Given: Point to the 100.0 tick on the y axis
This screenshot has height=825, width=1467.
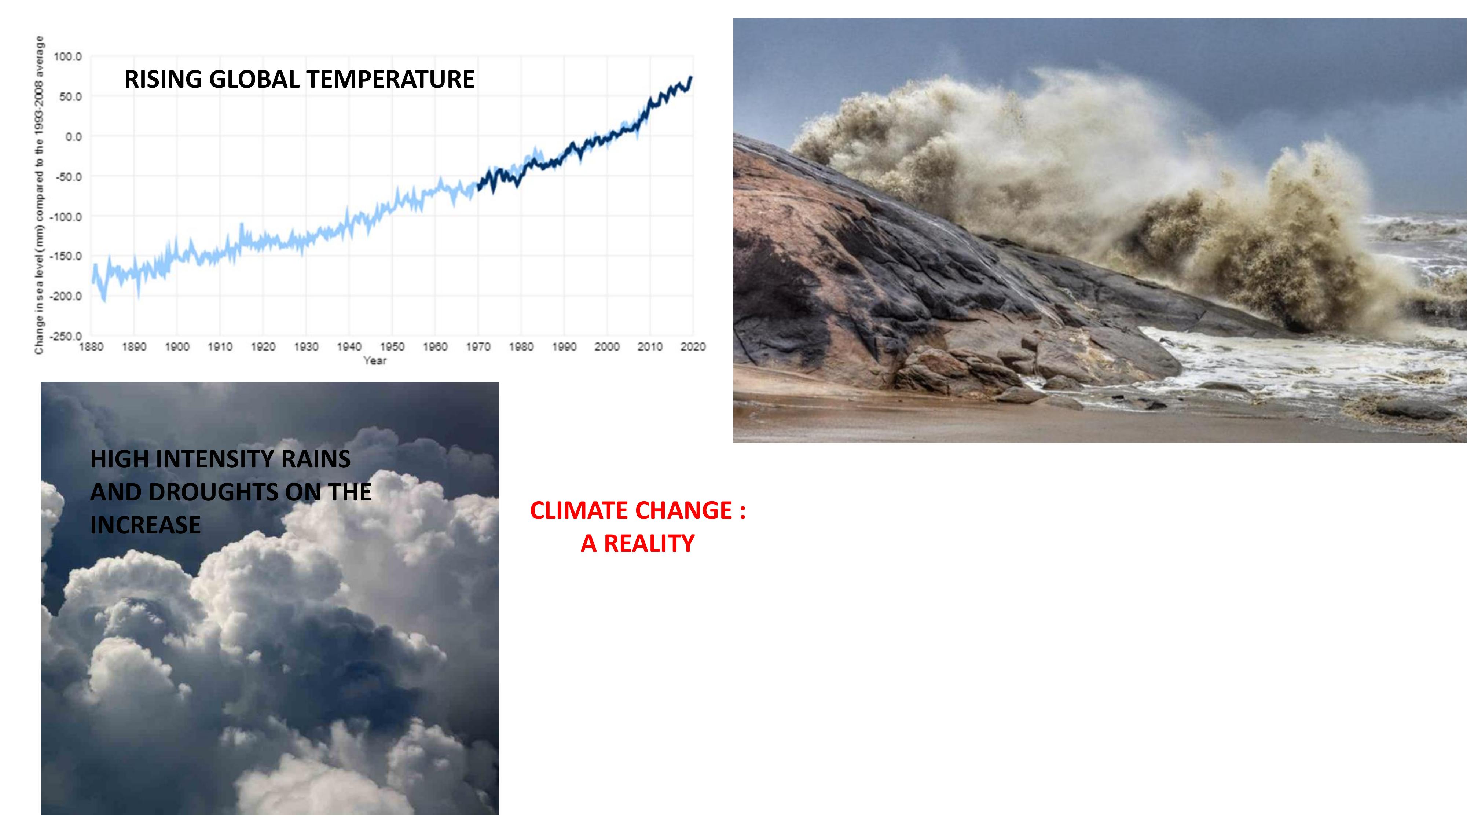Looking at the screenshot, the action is pyautogui.click(x=68, y=57).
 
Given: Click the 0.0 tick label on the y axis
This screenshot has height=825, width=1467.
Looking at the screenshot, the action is pyautogui.click(x=73, y=137).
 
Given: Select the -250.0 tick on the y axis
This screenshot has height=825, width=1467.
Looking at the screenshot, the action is pyautogui.click(x=66, y=337).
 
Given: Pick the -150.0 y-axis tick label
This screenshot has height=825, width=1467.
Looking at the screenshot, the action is pyautogui.click(x=66, y=256).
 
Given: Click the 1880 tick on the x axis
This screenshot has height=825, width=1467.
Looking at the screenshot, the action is pyautogui.click(x=91, y=347).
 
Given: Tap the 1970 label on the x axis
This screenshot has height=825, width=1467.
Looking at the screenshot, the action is pyautogui.click(x=478, y=347).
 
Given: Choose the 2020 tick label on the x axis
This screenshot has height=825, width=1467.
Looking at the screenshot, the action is pyautogui.click(x=693, y=347).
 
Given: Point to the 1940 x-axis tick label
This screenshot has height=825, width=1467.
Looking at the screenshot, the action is pyautogui.click(x=349, y=347).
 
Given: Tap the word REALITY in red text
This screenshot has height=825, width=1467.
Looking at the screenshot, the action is pyautogui.click(x=649, y=544).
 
